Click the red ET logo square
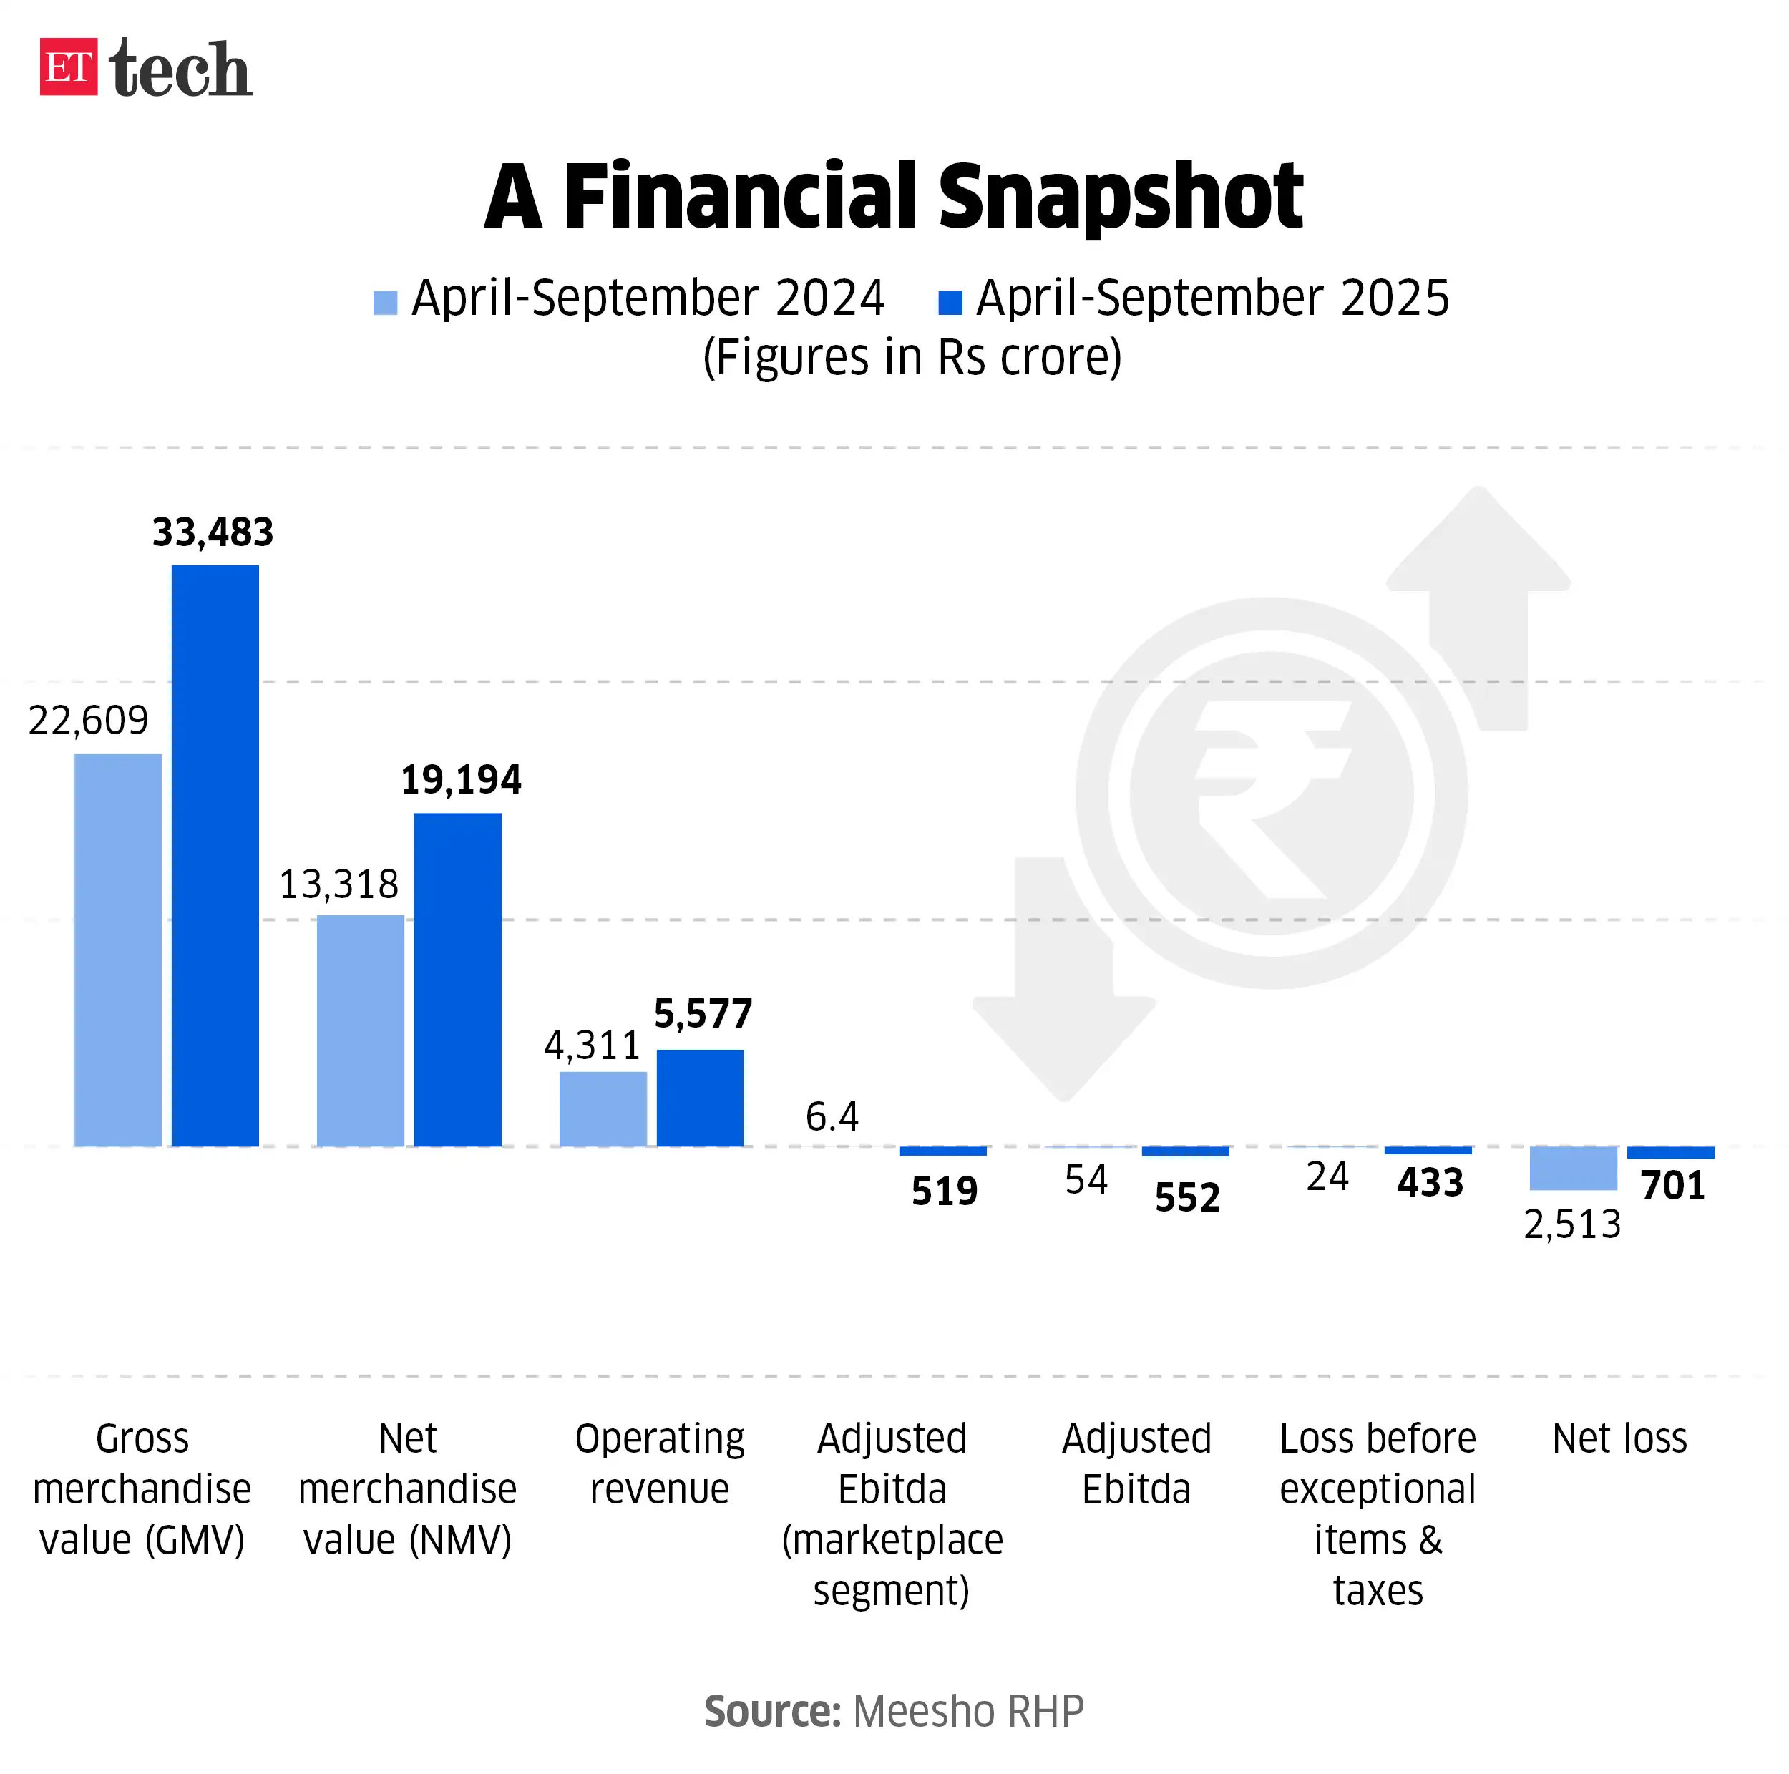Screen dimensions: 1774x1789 [x=67, y=67]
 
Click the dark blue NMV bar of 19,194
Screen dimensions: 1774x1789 [x=457, y=979]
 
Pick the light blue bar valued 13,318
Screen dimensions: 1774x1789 [x=360, y=1030]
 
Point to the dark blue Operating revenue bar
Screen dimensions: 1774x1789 [x=700, y=1097]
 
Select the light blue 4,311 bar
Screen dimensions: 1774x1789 [x=603, y=1108]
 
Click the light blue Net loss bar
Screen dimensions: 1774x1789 [x=1572, y=1168]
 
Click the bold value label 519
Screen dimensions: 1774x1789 [x=944, y=1191]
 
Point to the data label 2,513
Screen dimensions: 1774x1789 [x=1571, y=1224]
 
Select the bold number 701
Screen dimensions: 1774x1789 [x=1672, y=1185]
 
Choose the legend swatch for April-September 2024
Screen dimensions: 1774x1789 [x=385, y=303]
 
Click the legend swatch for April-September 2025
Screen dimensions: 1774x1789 [x=950, y=303]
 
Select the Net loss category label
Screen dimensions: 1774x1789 [x=1619, y=1438]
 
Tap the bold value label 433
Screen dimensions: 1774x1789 [x=1430, y=1182]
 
